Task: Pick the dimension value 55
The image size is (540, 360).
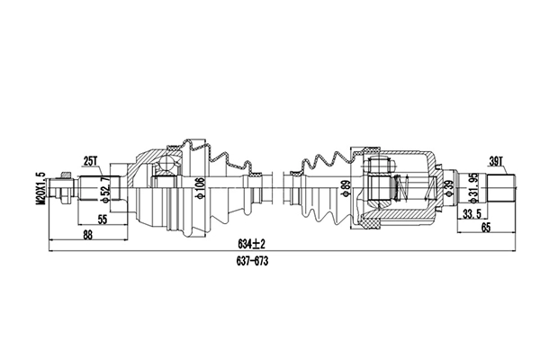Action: (103, 219)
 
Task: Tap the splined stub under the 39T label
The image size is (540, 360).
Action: (499, 189)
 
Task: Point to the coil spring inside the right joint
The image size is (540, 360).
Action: (410, 189)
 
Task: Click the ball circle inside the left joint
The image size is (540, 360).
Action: (166, 166)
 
